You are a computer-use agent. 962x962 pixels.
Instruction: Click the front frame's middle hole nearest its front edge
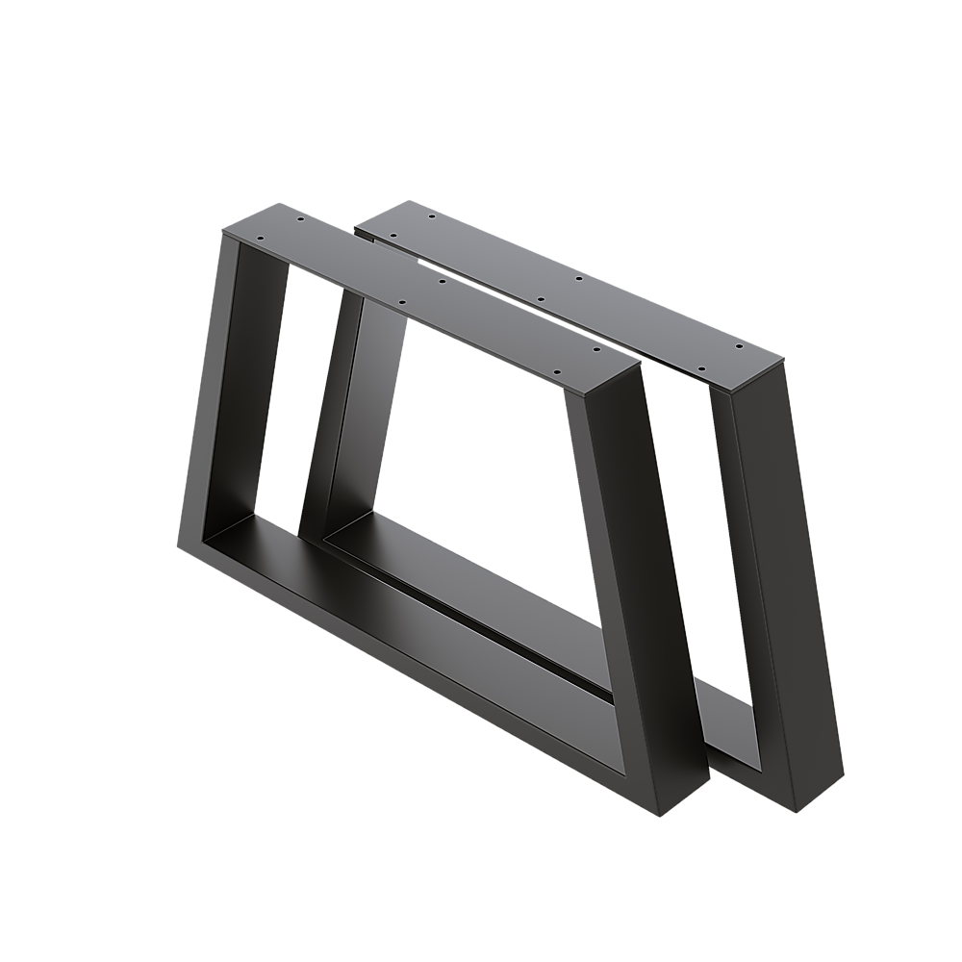(401, 302)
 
